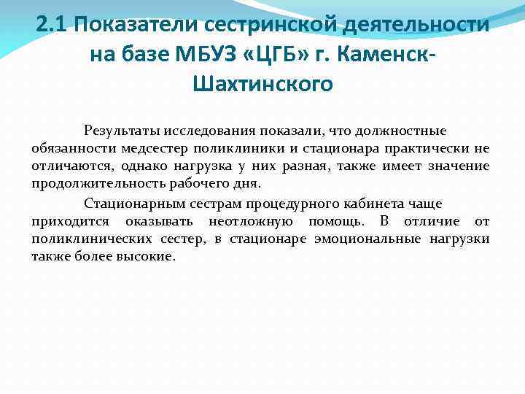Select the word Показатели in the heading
pyautogui.click(x=135, y=25)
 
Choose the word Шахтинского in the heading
pyautogui.click(x=263, y=84)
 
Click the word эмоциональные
pyautogui.click(x=380, y=239)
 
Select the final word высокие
pyautogui.click(x=149, y=256)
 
